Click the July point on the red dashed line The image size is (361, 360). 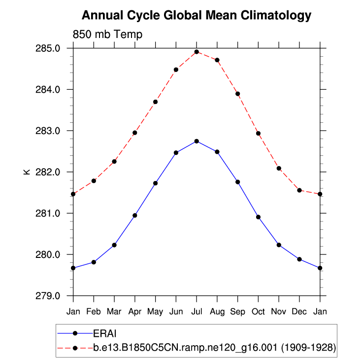pos(197,52)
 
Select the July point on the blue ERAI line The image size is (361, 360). pos(197,141)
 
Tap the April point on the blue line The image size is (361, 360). pos(135,215)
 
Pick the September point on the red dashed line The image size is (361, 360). pos(238,94)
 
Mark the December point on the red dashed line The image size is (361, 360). pos(299,190)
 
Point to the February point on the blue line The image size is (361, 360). pos(94,262)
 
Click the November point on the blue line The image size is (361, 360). pos(279,245)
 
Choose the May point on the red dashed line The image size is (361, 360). pos(155,102)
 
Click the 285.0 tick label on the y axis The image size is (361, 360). pos(51,48)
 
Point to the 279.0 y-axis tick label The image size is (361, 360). pos(51,296)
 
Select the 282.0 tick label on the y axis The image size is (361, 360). pos(51,172)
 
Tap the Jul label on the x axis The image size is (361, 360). pos(197,312)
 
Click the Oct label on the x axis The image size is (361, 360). pos(258,312)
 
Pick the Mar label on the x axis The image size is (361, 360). pos(114,312)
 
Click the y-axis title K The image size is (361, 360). pos(27,172)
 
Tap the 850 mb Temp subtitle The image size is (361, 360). pos(107,35)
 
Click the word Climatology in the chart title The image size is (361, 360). pos(276,16)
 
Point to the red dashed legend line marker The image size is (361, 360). pos(75,348)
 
